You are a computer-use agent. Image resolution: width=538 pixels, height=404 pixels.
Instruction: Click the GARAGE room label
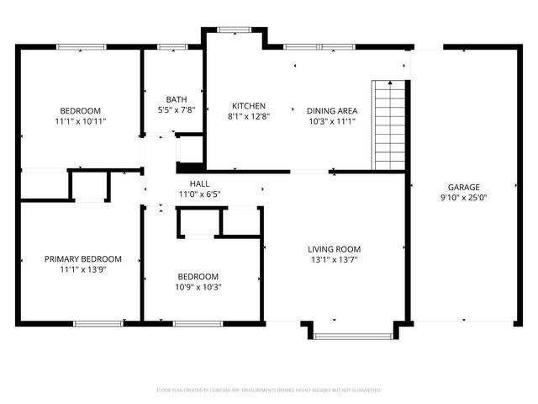(x=463, y=187)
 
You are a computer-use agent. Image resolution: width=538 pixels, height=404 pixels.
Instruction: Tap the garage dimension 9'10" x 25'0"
(x=463, y=199)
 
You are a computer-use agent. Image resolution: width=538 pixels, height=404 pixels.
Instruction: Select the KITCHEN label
(x=249, y=106)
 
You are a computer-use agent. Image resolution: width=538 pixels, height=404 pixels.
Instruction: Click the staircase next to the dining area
(x=389, y=125)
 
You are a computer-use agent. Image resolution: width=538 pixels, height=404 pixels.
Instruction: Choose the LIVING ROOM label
(x=334, y=249)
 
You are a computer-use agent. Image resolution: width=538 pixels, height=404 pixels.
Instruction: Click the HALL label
(x=199, y=183)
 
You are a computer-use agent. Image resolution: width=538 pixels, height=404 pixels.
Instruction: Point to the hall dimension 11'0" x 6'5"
(x=199, y=194)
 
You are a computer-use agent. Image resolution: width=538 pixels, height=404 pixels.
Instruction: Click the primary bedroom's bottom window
(x=98, y=323)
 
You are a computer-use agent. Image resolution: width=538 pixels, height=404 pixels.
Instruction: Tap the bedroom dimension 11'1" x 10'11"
(x=80, y=121)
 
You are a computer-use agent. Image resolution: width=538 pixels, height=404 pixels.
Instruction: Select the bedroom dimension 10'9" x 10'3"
(x=198, y=287)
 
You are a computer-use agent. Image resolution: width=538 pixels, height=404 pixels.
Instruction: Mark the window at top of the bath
(x=171, y=47)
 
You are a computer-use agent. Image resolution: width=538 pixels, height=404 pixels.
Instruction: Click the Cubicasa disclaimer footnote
(x=269, y=391)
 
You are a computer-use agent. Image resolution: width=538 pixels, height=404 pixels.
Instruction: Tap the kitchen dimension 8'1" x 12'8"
(x=249, y=117)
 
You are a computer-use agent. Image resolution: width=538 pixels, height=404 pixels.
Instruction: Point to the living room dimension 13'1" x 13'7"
(x=334, y=260)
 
